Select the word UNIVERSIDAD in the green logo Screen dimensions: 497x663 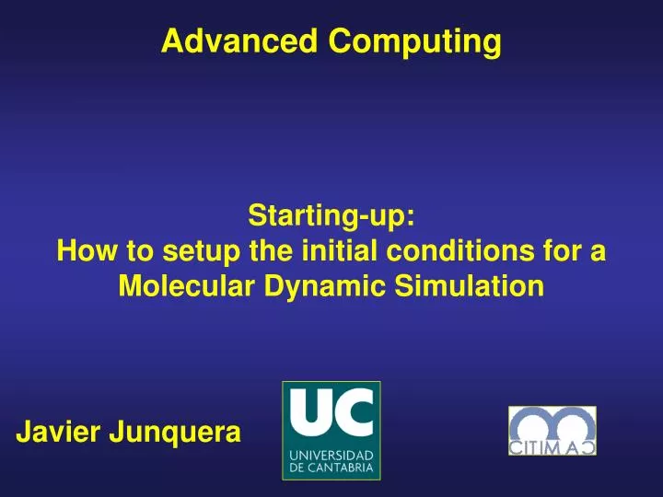click(x=331, y=456)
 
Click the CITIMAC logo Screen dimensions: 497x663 click(x=552, y=431)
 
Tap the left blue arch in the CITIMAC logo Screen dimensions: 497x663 click(x=533, y=423)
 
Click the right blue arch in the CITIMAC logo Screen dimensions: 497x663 click(x=572, y=423)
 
